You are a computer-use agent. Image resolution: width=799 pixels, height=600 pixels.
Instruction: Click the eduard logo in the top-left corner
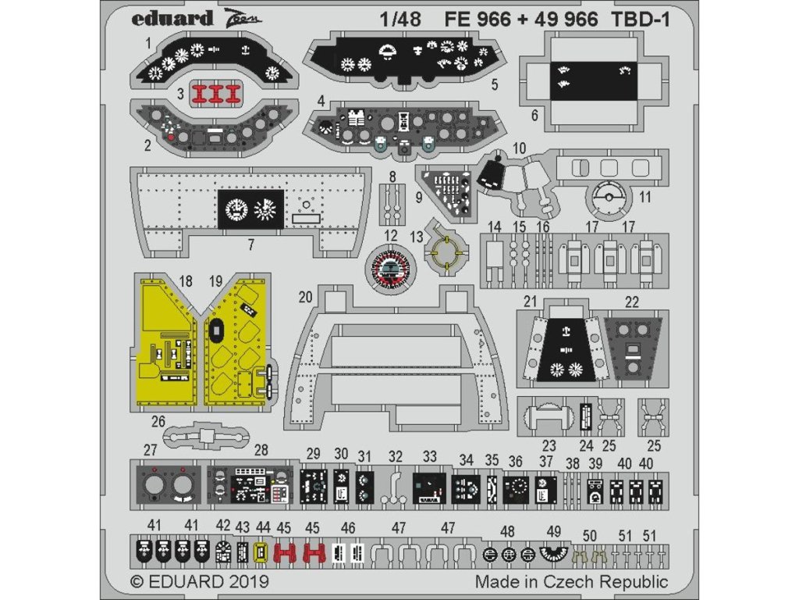point(172,19)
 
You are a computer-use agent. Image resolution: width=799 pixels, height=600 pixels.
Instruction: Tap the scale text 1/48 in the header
point(400,20)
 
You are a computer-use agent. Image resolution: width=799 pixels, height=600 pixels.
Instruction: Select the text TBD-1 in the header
point(641,20)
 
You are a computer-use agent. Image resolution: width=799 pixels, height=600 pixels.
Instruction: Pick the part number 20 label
point(305,296)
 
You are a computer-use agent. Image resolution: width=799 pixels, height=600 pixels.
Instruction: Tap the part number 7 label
point(251,245)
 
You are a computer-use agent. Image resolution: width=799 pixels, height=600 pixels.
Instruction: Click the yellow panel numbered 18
point(167,339)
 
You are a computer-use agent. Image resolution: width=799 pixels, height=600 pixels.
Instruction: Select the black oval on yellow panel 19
point(217,331)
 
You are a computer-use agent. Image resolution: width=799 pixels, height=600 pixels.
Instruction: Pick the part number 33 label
point(430,456)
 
